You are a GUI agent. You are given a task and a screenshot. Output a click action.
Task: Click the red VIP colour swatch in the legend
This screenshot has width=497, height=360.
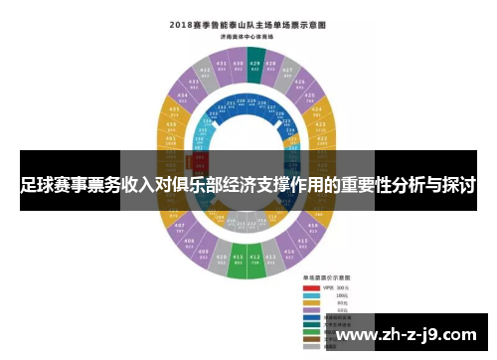coord(312,287)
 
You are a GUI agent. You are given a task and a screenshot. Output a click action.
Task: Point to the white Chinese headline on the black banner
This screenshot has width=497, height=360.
coord(248,185)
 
